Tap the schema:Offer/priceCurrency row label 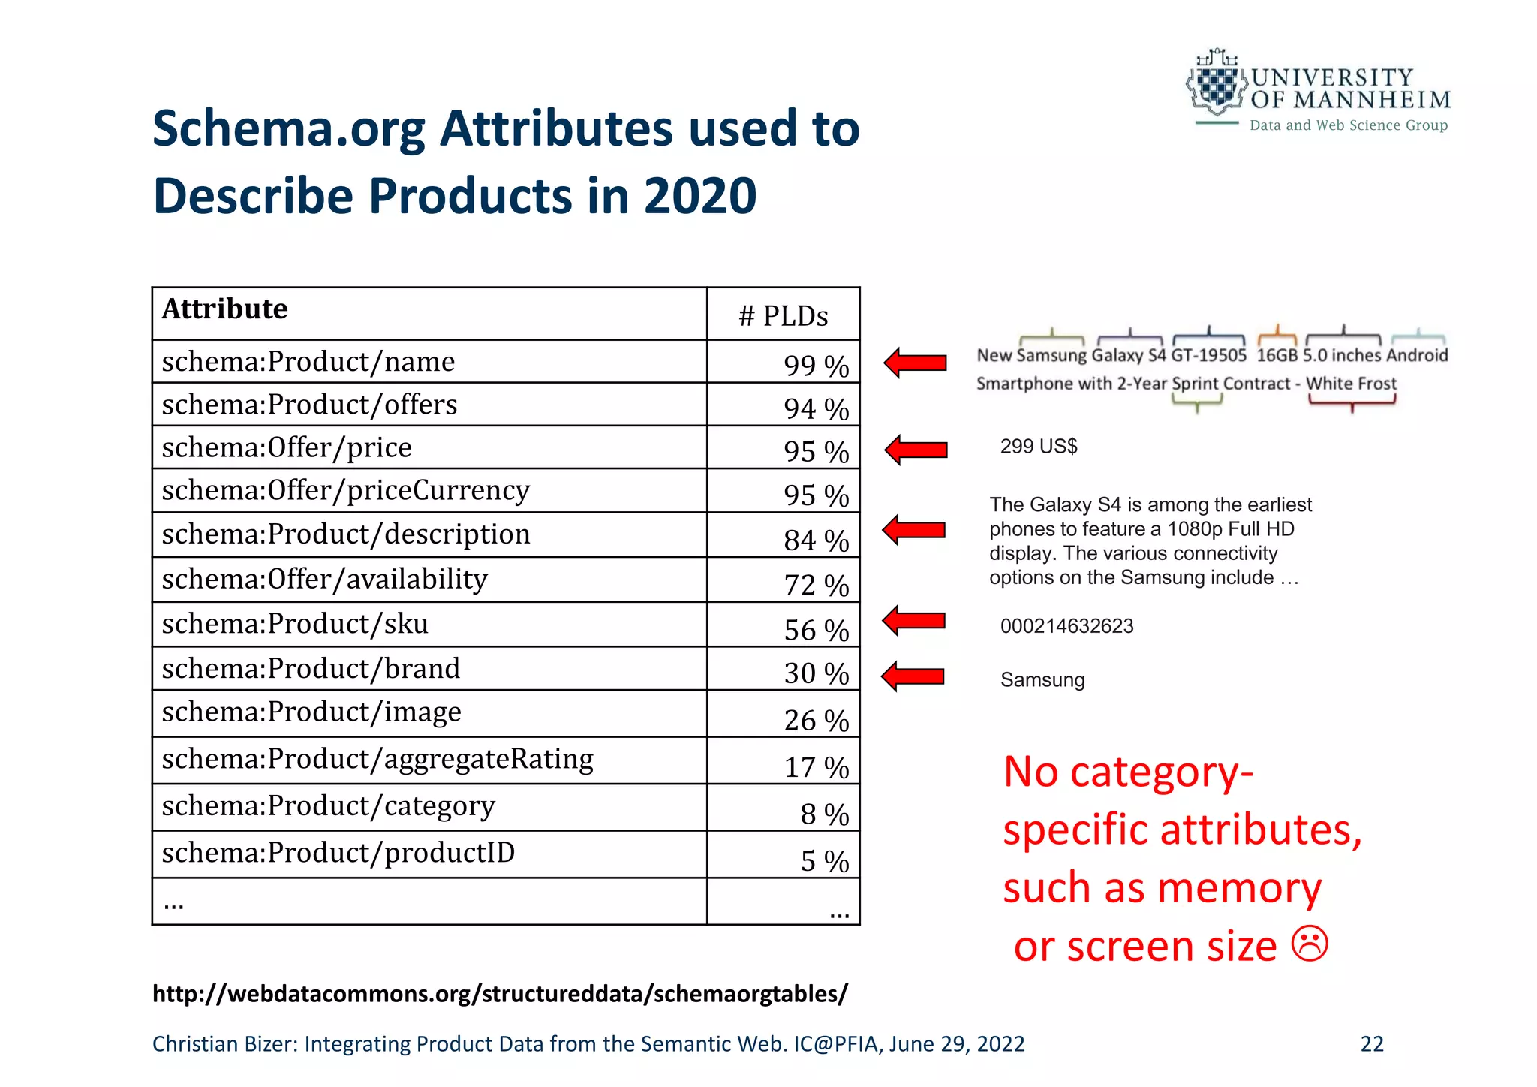(346, 490)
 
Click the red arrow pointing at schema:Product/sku (914, 621)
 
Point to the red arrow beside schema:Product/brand (913, 676)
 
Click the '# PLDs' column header (783, 316)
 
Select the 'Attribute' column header (224, 309)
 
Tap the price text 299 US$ (1039, 447)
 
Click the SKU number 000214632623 (1066, 626)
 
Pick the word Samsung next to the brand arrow (1042, 680)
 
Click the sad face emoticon (1310, 944)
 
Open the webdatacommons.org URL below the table (500, 993)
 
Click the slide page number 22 (1372, 1044)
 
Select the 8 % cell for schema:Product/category (824, 814)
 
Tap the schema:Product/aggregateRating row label (377, 759)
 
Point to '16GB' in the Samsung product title (1277, 355)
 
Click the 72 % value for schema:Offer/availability (816, 585)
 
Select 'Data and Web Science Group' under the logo (1348, 125)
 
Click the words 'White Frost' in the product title (1351, 384)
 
